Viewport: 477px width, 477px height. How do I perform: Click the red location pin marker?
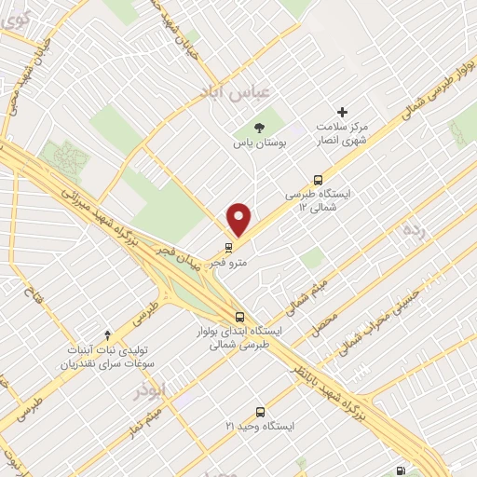[x=240, y=218]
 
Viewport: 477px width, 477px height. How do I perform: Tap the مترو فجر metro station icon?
[x=229, y=247]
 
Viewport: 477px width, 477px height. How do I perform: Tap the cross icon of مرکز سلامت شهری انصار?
[x=342, y=111]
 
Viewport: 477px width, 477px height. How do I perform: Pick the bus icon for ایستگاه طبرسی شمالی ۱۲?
[x=319, y=180]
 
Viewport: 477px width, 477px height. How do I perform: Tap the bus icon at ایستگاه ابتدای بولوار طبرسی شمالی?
[x=241, y=316]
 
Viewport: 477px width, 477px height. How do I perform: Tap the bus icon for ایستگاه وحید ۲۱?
[x=259, y=411]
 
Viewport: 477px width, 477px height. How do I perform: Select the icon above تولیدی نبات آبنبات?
[x=107, y=334]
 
